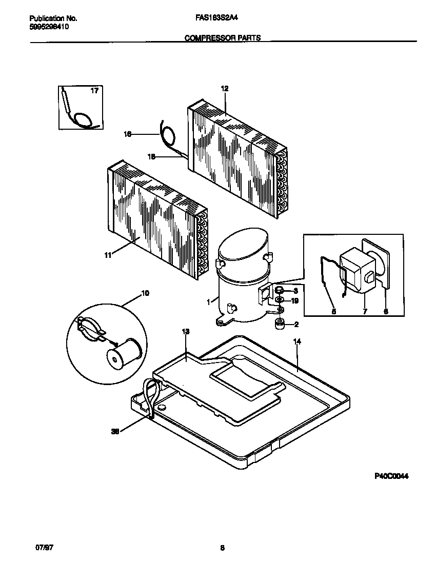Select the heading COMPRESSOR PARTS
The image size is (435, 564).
tap(222, 37)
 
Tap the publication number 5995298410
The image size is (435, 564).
tap(46, 26)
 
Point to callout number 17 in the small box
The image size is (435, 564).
tap(94, 91)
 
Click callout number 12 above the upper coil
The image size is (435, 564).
tap(224, 88)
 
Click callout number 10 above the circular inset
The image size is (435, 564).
tap(145, 293)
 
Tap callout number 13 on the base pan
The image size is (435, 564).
tap(186, 332)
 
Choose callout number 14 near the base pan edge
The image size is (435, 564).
tap(296, 341)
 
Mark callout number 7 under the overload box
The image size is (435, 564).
tap(365, 311)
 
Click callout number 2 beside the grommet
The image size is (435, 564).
tap(296, 324)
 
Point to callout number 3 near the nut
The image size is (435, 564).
tap(295, 291)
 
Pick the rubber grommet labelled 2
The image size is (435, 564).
tap(280, 324)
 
